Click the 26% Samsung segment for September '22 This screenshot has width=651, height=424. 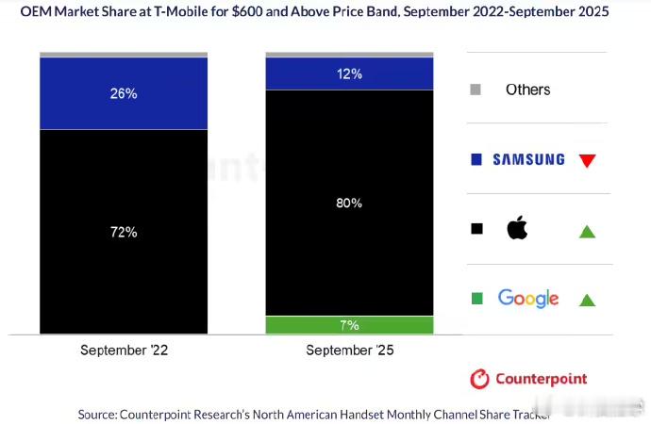coord(124,93)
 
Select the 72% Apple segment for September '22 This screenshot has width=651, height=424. coord(124,231)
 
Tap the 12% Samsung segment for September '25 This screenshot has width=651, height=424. coord(349,73)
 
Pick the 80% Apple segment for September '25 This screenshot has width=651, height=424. coord(349,203)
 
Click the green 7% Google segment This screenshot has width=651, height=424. coord(349,325)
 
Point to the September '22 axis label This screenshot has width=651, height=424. coord(124,351)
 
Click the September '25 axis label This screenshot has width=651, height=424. coord(349,351)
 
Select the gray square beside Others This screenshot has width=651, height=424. coord(476,90)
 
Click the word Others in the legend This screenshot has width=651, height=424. coord(527,90)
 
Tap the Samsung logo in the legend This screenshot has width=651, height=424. coord(528,160)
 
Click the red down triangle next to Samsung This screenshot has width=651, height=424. coord(587,161)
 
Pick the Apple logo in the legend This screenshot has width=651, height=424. coord(517,228)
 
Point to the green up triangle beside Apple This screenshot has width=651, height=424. coord(587,230)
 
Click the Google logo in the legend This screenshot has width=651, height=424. coord(528,299)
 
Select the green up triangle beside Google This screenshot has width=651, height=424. coord(587,301)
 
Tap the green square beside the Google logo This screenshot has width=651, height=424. coord(476,299)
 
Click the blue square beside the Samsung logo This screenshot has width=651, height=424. coord(476,160)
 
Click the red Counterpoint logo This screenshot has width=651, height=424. coord(528,379)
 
